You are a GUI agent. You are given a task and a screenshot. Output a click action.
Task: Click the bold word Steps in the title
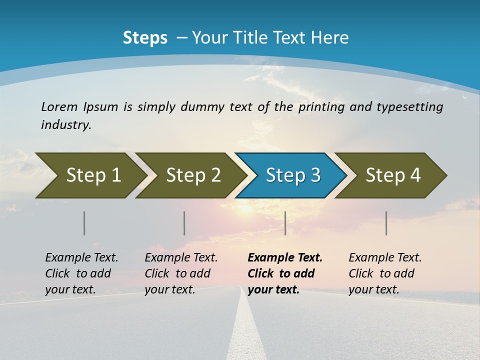tap(145, 38)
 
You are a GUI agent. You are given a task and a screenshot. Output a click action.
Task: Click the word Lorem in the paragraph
tap(59, 107)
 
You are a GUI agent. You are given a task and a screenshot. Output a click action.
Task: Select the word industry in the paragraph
tap(65, 124)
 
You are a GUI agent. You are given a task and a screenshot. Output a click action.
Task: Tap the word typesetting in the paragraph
tap(409, 107)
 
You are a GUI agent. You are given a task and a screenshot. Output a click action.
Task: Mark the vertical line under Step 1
tap(84, 223)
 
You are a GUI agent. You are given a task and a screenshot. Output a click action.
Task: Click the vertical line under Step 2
tap(184, 223)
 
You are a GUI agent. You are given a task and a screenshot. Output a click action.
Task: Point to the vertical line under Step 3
tap(285, 223)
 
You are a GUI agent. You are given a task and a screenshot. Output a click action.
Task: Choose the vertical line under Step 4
tap(386, 223)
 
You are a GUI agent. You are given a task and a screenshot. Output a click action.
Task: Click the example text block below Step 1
tap(81, 273)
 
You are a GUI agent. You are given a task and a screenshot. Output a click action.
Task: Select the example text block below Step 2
tap(181, 273)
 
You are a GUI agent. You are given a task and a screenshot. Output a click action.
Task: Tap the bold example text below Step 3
tap(285, 273)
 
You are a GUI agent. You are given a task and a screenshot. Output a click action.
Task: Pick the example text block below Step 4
tap(385, 273)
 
